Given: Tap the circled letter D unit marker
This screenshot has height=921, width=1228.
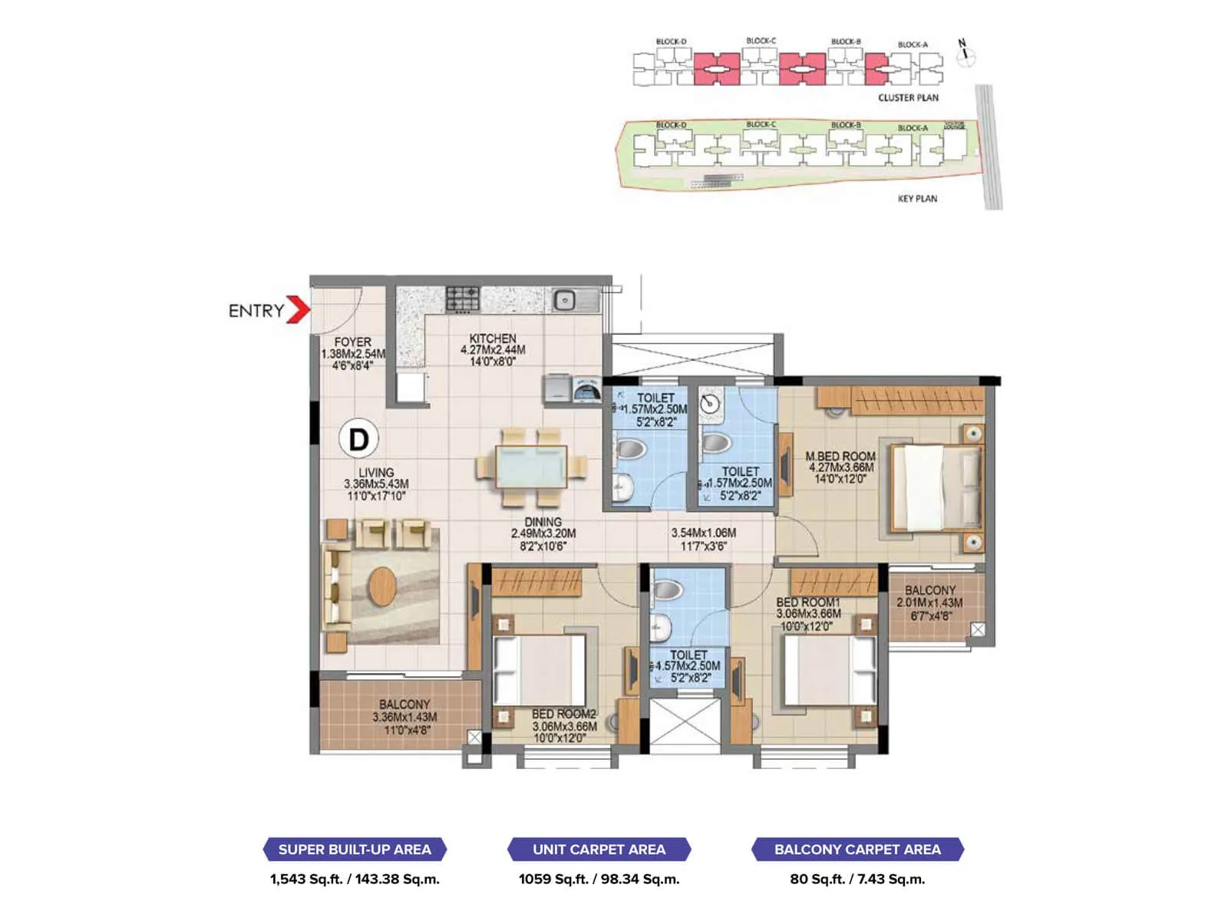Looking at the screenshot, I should (x=358, y=439).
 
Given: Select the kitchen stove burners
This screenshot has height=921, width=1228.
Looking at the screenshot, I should (x=463, y=299).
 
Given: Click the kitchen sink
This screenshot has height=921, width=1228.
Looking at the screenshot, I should (x=566, y=300).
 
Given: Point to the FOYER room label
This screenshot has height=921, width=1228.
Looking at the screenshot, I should (x=352, y=342).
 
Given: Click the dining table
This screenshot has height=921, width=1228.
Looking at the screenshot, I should (x=531, y=467).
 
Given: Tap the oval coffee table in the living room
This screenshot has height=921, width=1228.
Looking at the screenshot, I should (x=382, y=586).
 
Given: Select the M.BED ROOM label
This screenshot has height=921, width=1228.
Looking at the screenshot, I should (x=840, y=457).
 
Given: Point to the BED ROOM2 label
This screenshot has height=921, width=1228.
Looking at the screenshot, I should (x=563, y=715).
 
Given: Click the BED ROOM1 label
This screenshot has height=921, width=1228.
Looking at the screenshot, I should (x=807, y=603).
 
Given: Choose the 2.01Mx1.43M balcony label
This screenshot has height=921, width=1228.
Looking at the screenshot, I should (x=929, y=603).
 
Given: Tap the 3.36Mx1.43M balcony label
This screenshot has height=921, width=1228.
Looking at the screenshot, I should (x=404, y=717).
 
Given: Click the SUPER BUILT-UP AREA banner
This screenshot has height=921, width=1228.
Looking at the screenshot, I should (x=355, y=850).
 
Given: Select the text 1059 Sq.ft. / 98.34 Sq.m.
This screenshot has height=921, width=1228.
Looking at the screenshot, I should (x=599, y=880).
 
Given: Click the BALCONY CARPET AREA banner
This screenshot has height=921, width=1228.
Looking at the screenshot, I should (x=857, y=850).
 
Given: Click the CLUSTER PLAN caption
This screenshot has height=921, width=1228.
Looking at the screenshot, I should (x=908, y=97).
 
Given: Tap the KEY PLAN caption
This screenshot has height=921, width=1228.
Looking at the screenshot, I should (x=917, y=199).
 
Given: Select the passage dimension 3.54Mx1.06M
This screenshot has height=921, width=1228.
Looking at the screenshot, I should (x=703, y=533).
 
